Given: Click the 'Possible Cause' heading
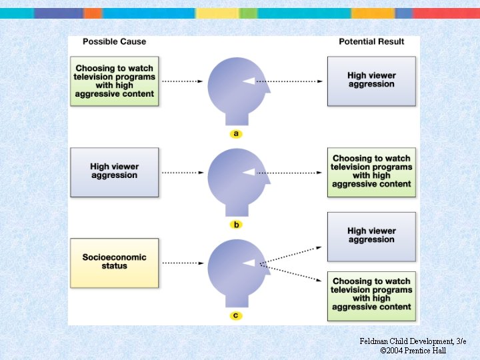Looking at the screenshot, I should (x=114, y=41).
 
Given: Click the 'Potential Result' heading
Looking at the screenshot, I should (x=371, y=41).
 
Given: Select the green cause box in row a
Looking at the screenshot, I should (x=114, y=81).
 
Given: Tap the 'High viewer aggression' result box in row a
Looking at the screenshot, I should (x=371, y=81).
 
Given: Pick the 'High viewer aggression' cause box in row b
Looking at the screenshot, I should (x=114, y=172).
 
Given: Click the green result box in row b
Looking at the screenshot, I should (x=371, y=172).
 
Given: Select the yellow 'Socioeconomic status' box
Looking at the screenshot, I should (x=114, y=262).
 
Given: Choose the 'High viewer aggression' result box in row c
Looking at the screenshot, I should (x=371, y=236).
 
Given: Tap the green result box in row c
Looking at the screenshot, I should (x=371, y=295).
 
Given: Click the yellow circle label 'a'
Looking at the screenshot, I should (x=236, y=134).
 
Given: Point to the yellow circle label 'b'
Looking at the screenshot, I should (x=236, y=225).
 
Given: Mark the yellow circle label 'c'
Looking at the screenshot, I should (x=236, y=315).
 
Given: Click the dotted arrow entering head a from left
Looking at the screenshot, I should (x=182, y=81).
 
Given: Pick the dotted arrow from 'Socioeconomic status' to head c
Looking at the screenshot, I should (x=182, y=263).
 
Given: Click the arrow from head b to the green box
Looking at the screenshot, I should (x=297, y=172).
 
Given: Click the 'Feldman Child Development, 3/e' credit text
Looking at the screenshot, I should (x=413, y=341).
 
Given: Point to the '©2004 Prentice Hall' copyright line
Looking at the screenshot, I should (x=413, y=351).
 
